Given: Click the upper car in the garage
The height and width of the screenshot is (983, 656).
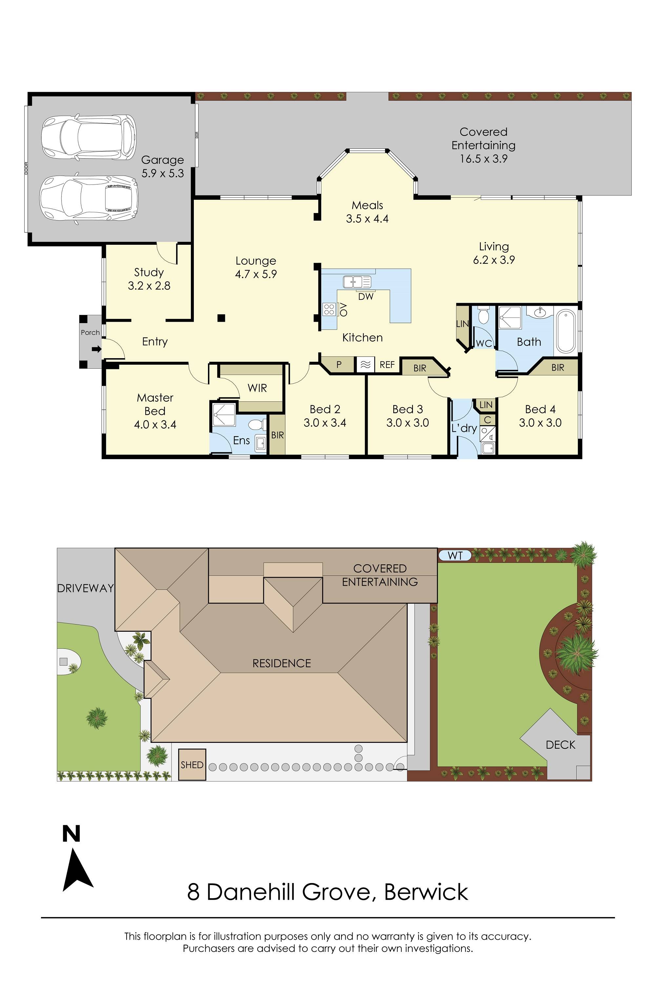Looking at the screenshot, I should (89, 138).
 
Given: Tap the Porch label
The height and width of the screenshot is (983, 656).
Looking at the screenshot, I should (91, 332).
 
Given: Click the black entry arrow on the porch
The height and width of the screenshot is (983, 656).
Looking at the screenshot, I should (97, 349).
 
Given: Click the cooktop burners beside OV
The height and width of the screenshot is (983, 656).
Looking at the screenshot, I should (329, 309).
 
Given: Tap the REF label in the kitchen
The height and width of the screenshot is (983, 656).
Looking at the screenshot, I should (387, 365).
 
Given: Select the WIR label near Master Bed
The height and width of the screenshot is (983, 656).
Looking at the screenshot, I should (257, 388).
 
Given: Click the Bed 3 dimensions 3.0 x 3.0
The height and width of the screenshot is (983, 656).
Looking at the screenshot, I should (407, 423).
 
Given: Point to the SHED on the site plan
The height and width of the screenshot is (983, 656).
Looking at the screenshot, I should (192, 765).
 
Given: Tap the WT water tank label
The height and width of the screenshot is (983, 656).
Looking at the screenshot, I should (455, 555).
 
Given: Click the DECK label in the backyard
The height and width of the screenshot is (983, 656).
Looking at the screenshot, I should (560, 745).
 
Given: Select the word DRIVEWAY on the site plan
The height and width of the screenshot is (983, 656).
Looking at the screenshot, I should (85, 588).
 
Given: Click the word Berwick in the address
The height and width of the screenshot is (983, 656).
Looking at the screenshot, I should (426, 892).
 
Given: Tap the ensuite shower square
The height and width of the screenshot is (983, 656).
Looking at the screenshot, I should (223, 414).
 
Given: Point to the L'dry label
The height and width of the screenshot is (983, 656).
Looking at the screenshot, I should (464, 428).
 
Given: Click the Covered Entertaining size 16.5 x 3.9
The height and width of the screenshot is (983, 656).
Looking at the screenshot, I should (483, 159).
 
